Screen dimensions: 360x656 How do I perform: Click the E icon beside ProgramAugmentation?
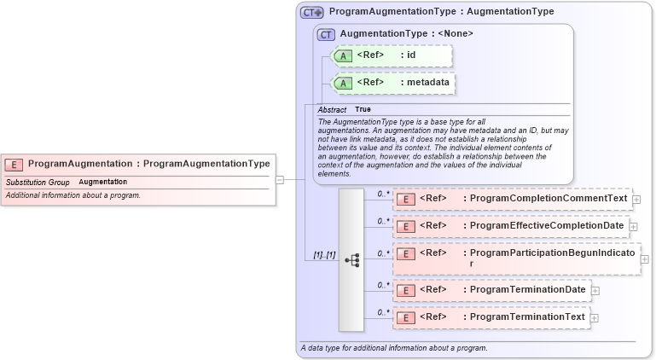(x=14, y=165)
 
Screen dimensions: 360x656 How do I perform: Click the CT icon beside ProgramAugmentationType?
(x=311, y=13)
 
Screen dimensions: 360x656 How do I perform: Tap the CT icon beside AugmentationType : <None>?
(x=326, y=34)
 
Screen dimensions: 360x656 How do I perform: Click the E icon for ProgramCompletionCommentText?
(x=407, y=200)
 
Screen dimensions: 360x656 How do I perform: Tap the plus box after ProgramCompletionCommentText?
(x=636, y=200)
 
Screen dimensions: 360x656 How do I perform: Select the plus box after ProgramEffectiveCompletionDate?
(x=634, y=226)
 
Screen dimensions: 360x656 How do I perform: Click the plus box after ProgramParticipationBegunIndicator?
(x=644, y=259)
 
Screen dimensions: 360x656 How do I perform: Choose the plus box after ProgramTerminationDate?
(x=595, y=290)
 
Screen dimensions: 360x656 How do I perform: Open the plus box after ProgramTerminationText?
(x=595, y=318)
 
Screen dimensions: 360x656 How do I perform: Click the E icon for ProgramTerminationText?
(x=407, y=317)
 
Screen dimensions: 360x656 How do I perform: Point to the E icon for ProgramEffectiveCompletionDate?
(x=407, y=226)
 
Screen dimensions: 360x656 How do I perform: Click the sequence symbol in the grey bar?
(x=351, y=260)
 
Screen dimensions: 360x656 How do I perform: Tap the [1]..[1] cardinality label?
(x=324, y=255)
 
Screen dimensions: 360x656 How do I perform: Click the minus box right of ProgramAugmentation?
(x=280, y=179)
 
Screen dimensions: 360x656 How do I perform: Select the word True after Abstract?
(x=363, y=110)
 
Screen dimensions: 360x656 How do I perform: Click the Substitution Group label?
(x=38, y=182)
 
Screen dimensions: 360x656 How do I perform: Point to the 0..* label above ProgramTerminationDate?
(x=383, y=285)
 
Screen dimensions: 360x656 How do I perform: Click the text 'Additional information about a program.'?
(x=73, y=195)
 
